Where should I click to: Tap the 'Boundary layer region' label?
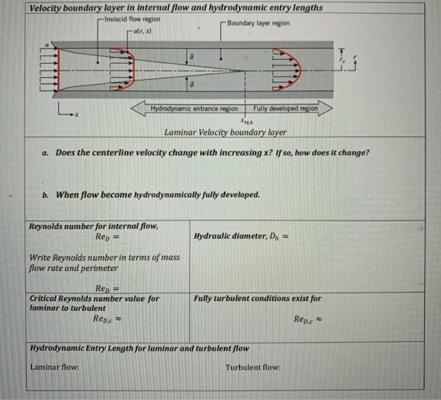point(258,23)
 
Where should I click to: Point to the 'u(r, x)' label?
point(144,31)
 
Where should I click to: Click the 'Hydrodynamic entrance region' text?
point(194,109)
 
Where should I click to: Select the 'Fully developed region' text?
point(286,109)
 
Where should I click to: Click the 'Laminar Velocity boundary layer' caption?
point(225,132)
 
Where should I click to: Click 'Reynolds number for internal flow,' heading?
point(94,226)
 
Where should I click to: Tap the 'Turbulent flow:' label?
point(252,367)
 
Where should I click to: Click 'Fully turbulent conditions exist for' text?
point(257,299)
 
